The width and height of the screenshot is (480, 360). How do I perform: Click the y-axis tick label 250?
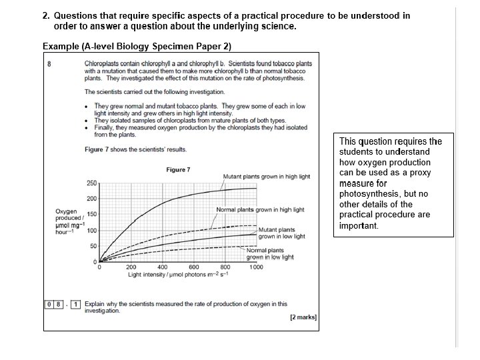92,183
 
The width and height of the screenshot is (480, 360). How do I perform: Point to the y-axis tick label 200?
92,199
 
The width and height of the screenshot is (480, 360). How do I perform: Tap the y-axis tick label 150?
92,215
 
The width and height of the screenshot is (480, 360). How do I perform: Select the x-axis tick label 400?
163,267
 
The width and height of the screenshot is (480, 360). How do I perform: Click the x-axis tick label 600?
194,267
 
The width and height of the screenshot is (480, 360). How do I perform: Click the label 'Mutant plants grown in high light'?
266,177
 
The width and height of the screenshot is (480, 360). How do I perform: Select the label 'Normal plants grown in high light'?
260,209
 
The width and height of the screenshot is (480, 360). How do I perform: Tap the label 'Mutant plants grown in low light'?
281,233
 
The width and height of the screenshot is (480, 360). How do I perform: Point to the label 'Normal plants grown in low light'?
270,253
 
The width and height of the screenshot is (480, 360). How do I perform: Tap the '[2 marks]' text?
303,317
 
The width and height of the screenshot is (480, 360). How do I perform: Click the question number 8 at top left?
49,63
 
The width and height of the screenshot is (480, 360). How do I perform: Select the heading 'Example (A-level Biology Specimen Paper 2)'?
137,46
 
